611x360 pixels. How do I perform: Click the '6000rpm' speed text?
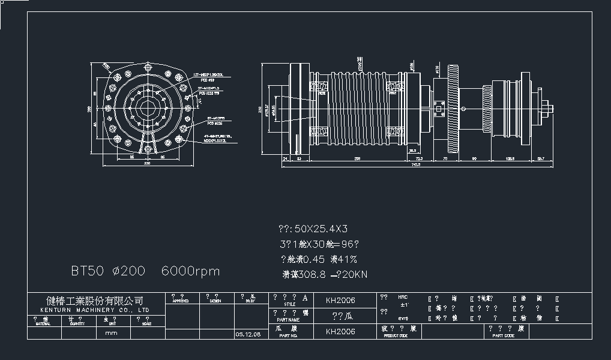190,271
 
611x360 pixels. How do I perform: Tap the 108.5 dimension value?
510,158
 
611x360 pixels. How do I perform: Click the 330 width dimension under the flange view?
147,163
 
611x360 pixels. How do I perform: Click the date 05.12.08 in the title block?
248,335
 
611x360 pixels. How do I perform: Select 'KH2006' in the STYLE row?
340,300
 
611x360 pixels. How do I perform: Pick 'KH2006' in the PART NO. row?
340,331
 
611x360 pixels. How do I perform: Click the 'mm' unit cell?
112,332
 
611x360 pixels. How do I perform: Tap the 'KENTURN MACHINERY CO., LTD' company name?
95,310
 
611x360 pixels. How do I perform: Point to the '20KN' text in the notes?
354,275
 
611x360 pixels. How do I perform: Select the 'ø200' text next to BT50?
128,271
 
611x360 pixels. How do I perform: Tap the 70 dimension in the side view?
445,158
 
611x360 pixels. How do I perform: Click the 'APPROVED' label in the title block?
181,302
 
